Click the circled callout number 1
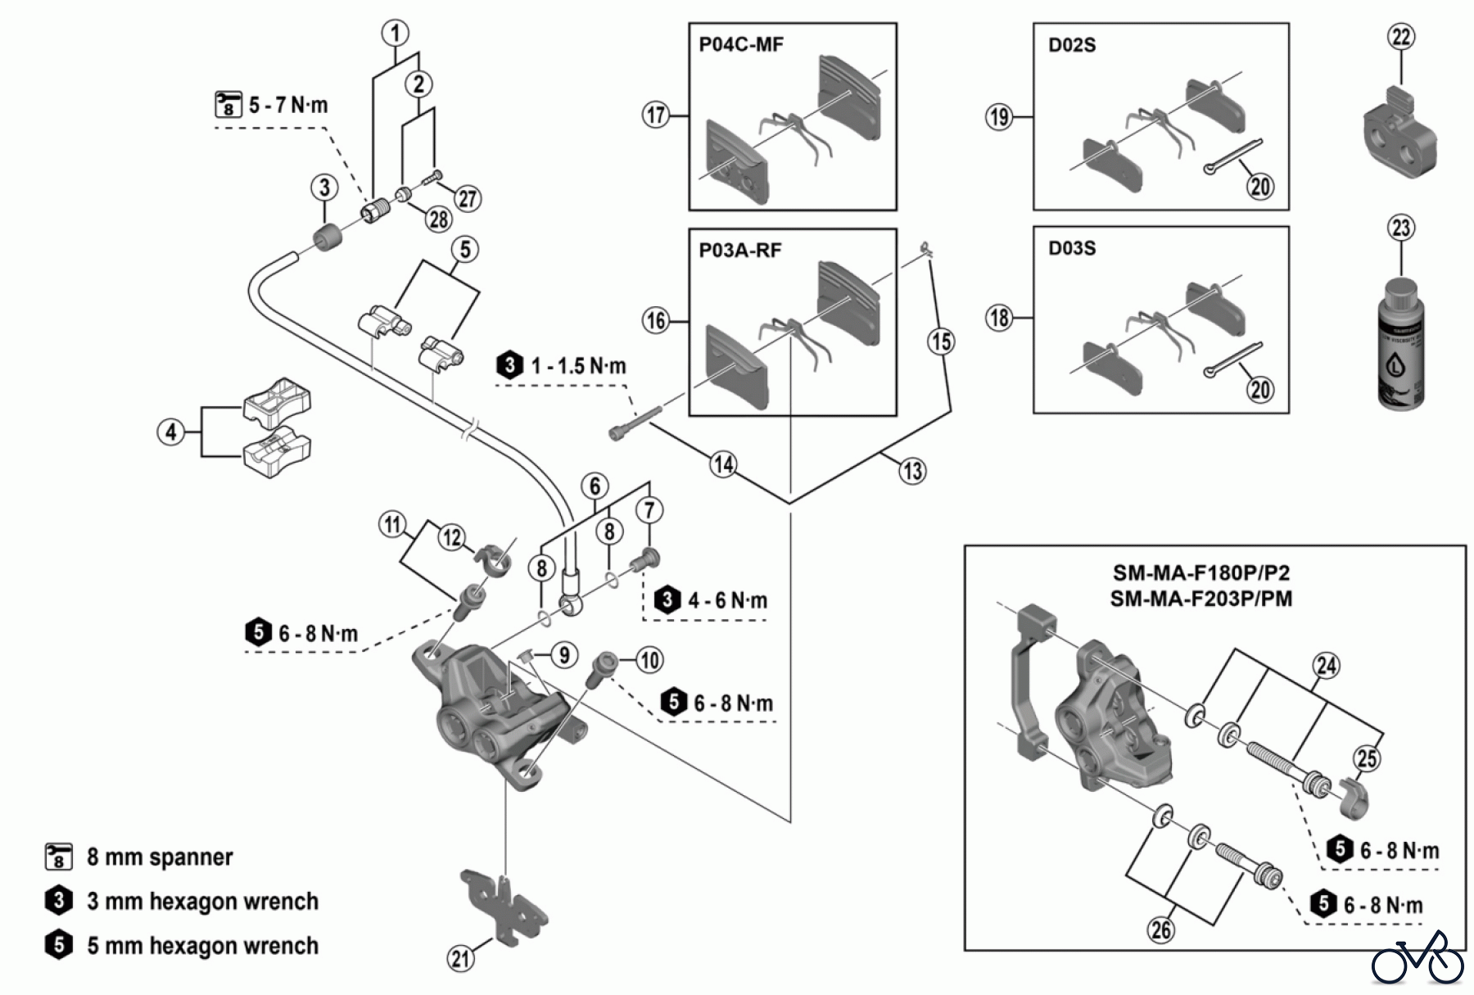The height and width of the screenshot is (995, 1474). pyautogui.click(x=396, y=34)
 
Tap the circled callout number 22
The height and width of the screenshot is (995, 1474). pyautogui.click(x=1401, y=37)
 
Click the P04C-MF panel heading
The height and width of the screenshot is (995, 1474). pyautogui.click(x=740, y=44)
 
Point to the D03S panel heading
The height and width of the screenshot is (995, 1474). pyautogui.click(x=1071, y=247)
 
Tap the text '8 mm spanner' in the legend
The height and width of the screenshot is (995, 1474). pyautogui.click(x=160, y=857)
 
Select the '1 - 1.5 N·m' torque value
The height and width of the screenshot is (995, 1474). pyautogui.click(x=578, y=365)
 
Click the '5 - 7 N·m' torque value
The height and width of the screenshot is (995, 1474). pyautogui.click(x=288, y=105)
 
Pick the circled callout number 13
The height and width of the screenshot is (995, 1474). pyautogui.click(x=912, y=470)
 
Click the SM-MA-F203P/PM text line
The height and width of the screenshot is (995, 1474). pyautogui.click(x=1200, y=599)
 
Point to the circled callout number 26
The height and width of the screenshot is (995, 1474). pyautogui.click(x=1161, y=929)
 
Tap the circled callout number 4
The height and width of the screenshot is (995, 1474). pyautogui.click(x=170, y=432)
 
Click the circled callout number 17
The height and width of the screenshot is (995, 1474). pyautogui.click(x=656, y=115)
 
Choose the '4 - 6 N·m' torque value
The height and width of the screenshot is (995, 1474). pyautogui.click(x=727, y=601)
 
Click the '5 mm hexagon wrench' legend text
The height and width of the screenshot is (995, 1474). pyautogui.click(x=202, y=946)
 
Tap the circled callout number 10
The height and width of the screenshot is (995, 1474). pyautogui.click(x=649, y=660)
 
